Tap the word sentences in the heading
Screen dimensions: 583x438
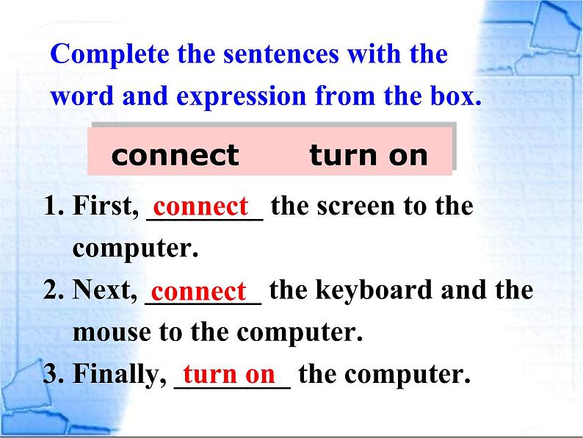(281, 54)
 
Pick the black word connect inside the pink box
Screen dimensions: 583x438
(175, 156)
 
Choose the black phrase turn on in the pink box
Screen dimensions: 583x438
(369, 155)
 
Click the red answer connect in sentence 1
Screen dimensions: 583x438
(200, 207)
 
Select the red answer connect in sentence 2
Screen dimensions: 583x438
(198, 291)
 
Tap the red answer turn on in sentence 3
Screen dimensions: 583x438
(229, 374)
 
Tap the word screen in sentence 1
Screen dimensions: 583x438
(356, 207)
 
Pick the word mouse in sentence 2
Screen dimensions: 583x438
(112, 333)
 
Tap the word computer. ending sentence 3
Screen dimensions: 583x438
(407, 376)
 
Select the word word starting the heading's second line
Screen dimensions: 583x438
(82, 96)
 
